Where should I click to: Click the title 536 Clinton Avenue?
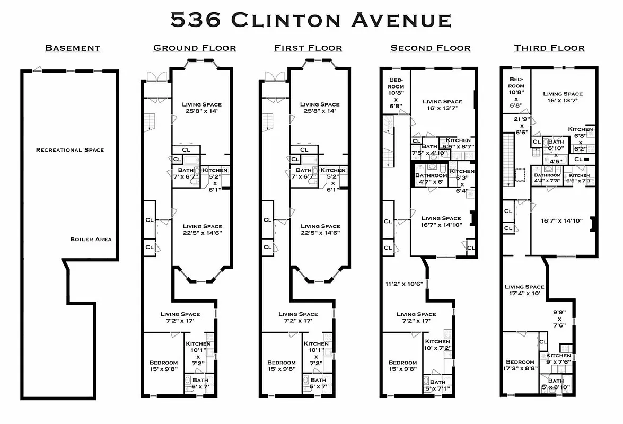pyautogui.click(x=311, y=20)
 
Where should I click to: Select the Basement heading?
pyautogui.click(x=73, y=48)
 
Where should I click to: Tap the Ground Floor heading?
pyautogui.click(x=195, y=48)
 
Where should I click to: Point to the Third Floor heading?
pyautogui.click(x=549, y=48)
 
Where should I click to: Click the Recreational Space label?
pyautogui.click(x=70, y=150)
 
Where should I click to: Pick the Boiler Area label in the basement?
pyautogui.click(x=91, y=240)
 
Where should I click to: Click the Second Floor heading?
pyautogui.click(x=431, y=48)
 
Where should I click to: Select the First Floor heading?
pyautogui.click(x=308, y=48)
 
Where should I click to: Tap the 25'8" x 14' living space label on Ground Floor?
pyautogui.click(x=201, y=108)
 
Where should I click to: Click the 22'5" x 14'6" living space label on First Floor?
pyautogui.click(x=320, y=229)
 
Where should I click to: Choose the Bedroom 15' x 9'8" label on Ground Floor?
pyautogui.click(x=163, y=366)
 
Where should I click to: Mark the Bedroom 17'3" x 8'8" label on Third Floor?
pyautogui.click(x=520, y=366)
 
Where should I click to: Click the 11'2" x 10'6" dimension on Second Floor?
pyautogui.click(x=405, y=284)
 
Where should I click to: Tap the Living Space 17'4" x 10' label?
pyautogui.click(x=524, y=290)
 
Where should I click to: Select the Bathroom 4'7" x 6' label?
pyautogui.click(x=431, y=179)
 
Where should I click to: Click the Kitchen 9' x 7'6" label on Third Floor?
pyautogui.click(x=558, y=359)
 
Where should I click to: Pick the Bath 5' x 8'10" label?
pyautogui.click(x=556, y=384)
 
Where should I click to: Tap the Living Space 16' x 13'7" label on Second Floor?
pyautogui.click(x=442, y=105)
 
